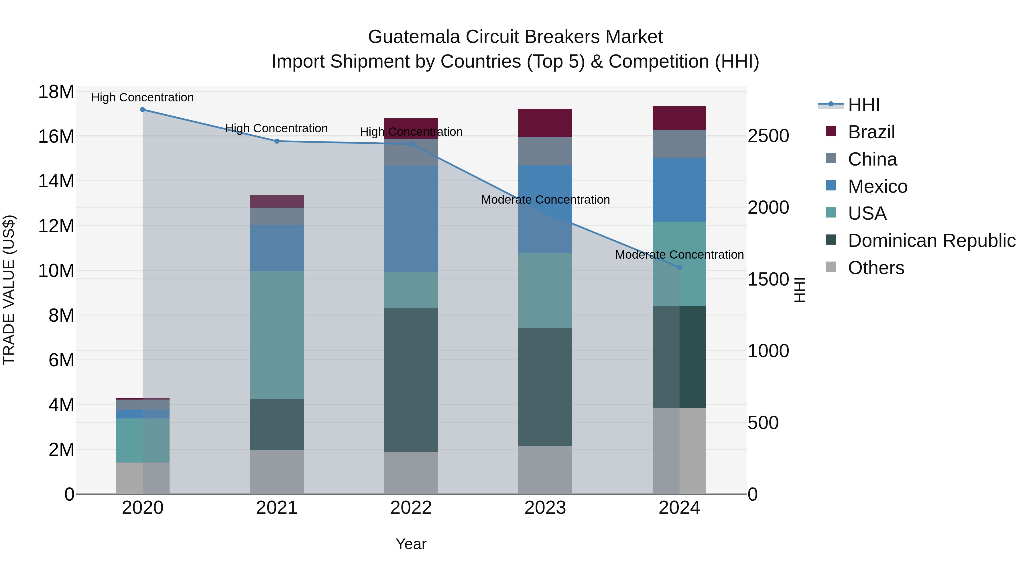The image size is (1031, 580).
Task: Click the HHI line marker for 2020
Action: (143, 110)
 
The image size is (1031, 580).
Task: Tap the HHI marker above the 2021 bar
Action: (277, 141)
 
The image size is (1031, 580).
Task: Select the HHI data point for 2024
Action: (679, 267)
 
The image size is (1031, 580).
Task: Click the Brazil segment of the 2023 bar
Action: (545, 123)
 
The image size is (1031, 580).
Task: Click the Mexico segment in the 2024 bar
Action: (679, 190)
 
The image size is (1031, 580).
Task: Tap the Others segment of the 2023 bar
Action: (545, 470)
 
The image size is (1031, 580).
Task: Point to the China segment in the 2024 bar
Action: (679, 144)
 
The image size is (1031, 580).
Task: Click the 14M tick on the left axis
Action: (56, 181)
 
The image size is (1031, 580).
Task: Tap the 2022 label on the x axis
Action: (411, 508)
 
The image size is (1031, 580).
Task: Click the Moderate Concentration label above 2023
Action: (545, 199)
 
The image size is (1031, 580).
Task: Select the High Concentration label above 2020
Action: (143, 97)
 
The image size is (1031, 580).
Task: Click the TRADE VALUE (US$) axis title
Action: (9, 290)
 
